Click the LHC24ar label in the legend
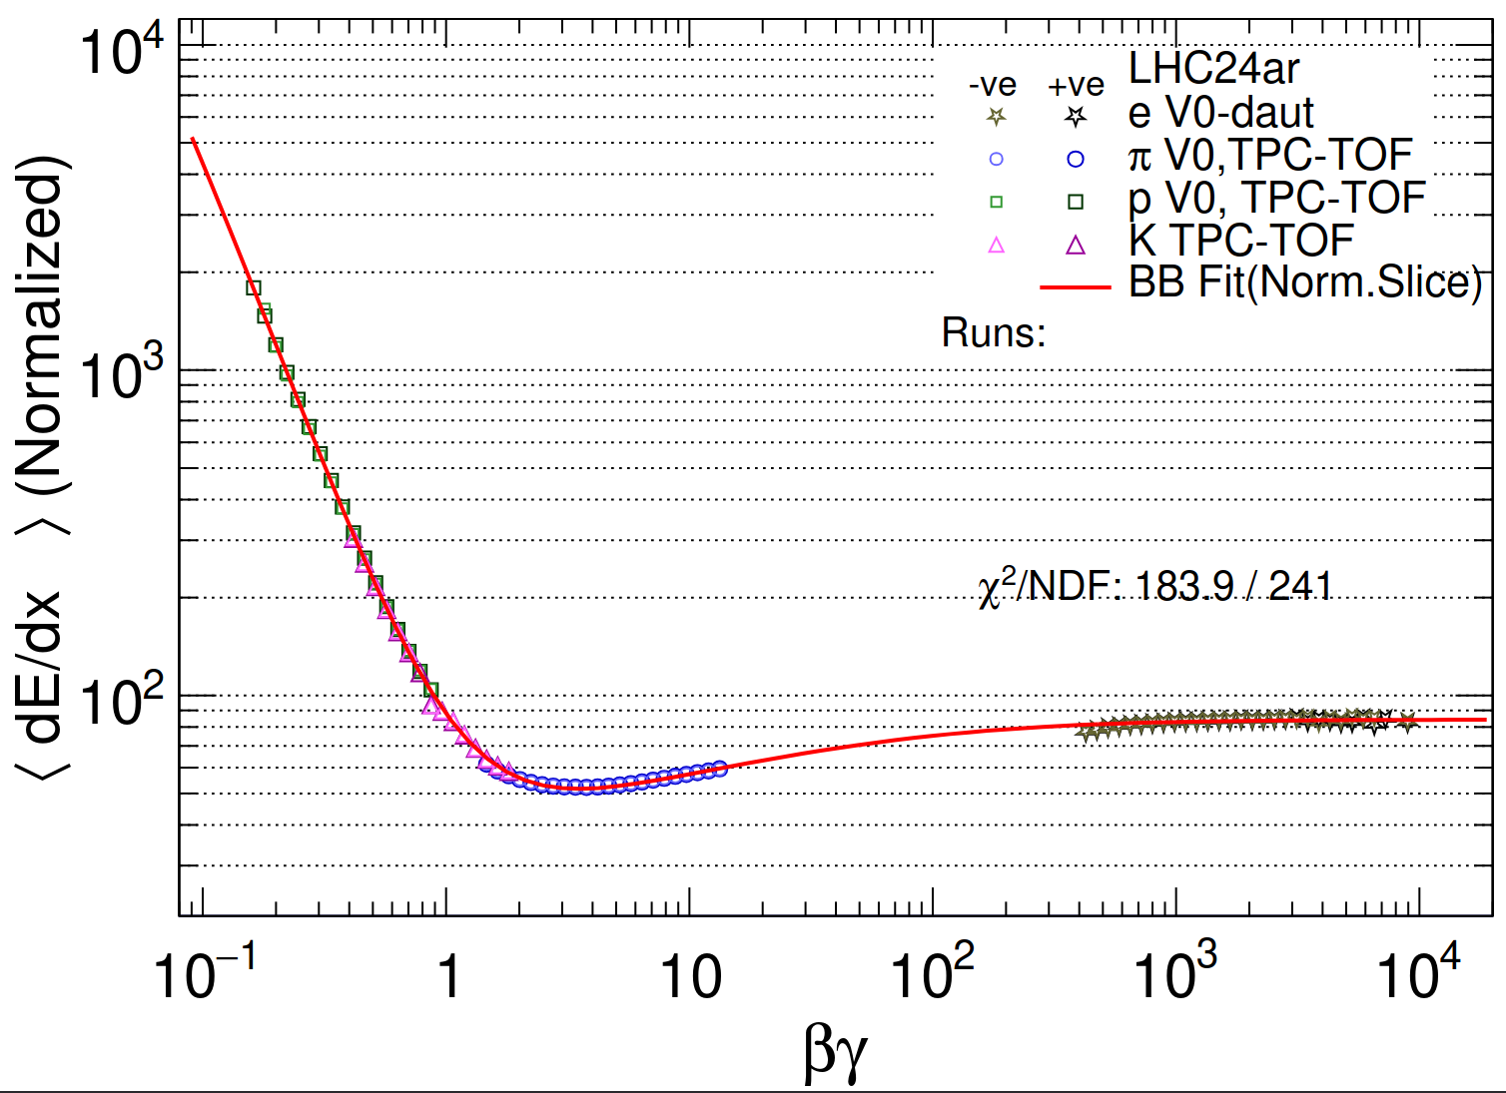(x=1213, y=69)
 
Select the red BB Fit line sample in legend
(x=1075, y=287)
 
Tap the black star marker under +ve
(x=1075, y=117)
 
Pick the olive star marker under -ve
(x=996, y=117)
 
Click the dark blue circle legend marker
(x=1076, y=159)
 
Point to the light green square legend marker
(x=996, y=202)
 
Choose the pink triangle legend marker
(x=996, y=245)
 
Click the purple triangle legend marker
(x=1076, y=245)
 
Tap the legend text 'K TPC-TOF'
(x=1241, y=241)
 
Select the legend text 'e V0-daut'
(x=1220, y=113)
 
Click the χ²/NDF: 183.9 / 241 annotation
(x=1155, y=587)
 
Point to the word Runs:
(x=993, y=332)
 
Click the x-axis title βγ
(x=835, y=1051)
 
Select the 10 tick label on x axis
(x=690, y=976)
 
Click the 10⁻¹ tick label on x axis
(x=205, y=973)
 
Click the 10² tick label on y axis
(x=122, y=701)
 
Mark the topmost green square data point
(x=254, y=288)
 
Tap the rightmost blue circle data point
(x=718, y=769)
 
